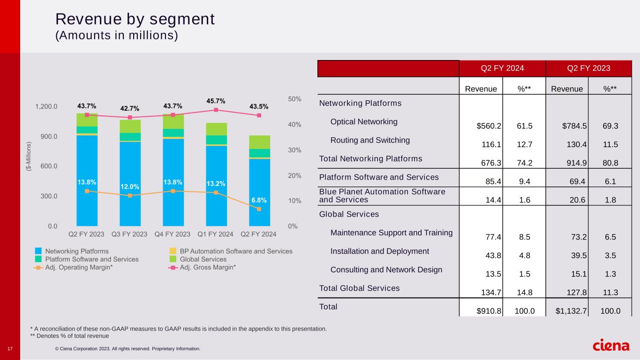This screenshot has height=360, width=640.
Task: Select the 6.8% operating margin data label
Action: tap(259, 200)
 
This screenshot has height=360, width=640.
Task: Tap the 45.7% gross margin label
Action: tap(216, 101)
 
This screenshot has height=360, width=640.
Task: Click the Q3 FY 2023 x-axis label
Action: tap(129, 233)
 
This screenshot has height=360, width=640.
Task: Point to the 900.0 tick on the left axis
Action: tap(46, 136)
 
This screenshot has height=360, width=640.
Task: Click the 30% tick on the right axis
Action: tap(295, 150)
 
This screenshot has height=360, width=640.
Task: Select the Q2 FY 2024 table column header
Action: tap(502, 68)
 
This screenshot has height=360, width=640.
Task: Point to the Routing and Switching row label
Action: tap(370, 140)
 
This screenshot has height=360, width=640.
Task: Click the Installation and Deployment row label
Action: tap(379, 251)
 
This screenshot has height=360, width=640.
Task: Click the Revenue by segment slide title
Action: tap(135, 19)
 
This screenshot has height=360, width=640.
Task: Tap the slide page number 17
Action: tap(10, 348)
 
